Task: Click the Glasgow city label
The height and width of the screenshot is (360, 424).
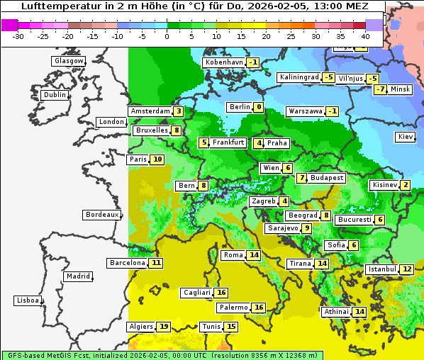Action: [68, 61]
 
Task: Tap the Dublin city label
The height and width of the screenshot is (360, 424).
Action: [55, 95]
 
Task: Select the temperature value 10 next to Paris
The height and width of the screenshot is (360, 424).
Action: [157, 159]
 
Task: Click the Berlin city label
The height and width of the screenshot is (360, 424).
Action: [239, 107]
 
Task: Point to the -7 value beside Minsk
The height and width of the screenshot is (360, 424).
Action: [381, 89]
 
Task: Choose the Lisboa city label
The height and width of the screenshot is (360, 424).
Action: [27, 300]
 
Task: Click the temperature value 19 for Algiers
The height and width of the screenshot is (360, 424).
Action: [164, 327]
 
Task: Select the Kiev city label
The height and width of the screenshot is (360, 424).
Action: [406, 136]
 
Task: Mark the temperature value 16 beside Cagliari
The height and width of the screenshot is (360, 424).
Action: [221, 293]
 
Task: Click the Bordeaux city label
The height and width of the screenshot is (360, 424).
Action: [101, 214]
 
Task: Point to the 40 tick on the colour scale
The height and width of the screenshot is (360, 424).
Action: [365, 36]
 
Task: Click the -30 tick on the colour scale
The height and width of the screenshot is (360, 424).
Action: [18, 36]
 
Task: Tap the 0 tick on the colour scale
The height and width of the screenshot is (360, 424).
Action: [167, 36]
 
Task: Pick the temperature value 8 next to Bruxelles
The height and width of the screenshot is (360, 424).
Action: [177, 130]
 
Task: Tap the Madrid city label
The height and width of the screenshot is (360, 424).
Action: [78, 276]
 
